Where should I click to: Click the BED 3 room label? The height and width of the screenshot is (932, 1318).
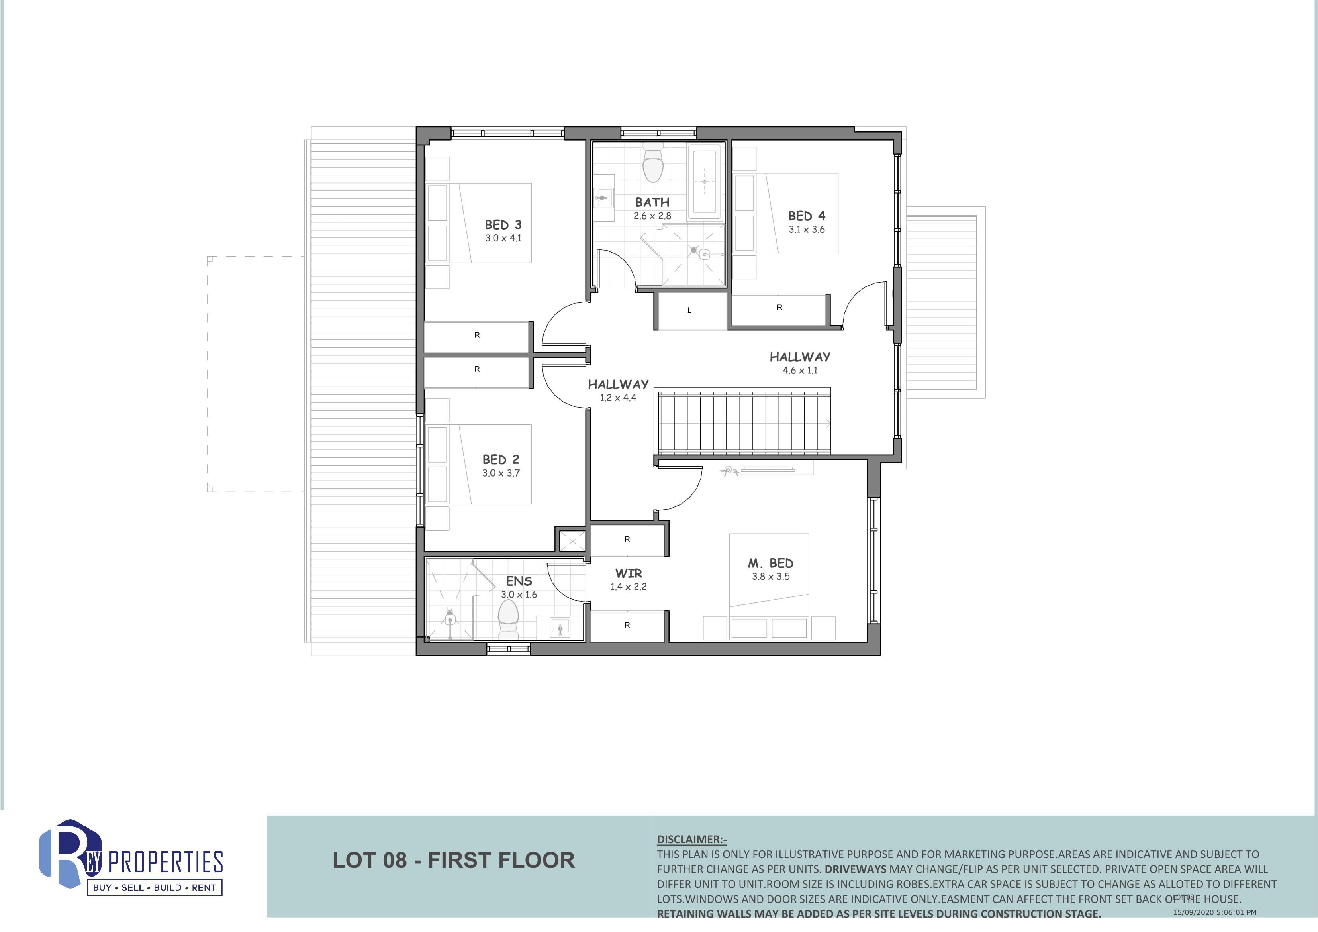(503, 224)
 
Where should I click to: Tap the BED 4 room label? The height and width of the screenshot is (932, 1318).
(807, 216)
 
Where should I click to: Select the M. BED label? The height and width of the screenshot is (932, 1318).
(770, 563)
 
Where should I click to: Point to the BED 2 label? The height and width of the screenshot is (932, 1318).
(501, 459)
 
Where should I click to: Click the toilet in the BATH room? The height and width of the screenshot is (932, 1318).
(653, 164)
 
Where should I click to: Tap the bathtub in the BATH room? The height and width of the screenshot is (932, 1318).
(704, 181)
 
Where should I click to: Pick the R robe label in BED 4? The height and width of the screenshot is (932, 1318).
(779, 308)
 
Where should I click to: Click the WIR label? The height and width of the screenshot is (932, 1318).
(629, 573)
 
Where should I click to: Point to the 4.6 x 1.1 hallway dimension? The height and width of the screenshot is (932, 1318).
(800, 371)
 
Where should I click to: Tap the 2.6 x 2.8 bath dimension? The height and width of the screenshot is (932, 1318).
(652, 216)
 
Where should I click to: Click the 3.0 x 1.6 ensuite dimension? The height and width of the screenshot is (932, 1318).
(519, 595)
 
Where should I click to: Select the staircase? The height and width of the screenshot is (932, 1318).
(744, 423)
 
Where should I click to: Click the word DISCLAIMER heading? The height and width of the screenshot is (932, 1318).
(692, 840)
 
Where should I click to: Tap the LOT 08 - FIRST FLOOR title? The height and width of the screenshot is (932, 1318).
(454, 860)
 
